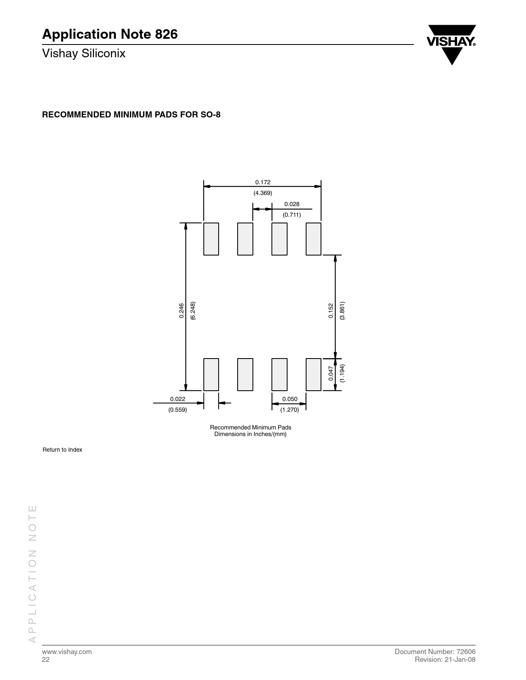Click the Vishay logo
pos(451,45)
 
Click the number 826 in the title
pos(166,34)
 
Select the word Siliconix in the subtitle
pos(104,54)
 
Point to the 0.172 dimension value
pos(263,182)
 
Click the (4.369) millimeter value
pos(263,193)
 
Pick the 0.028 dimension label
pos(292,204)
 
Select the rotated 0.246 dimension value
pos(182,310)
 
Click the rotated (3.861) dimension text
pos(342,310)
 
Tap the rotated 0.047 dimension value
pos(331,373)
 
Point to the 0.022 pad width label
pos(178,399)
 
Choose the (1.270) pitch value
pos(290,410)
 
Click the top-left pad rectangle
pos(211,239)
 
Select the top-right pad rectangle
pos(313,239)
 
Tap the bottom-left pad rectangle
pos(211,374)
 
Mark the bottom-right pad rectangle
pos(313,374)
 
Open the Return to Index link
pos(62,450)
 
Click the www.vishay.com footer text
pos(67,652)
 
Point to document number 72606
pos(466,652)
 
